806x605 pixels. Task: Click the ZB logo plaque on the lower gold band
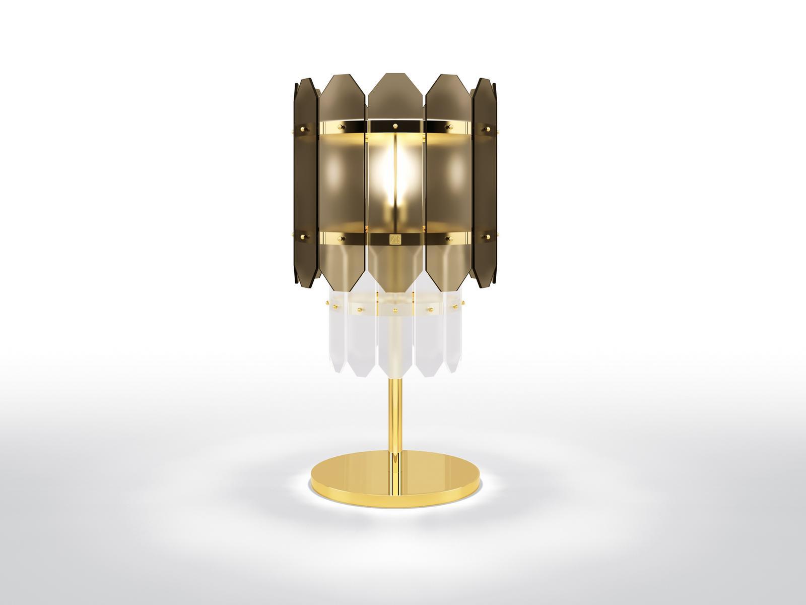393,238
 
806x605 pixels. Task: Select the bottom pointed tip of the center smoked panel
393,291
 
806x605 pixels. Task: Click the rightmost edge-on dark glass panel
484,181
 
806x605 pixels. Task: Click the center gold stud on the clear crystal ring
393,308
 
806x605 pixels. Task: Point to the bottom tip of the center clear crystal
393,378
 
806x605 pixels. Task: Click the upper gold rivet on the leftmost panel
304,130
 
